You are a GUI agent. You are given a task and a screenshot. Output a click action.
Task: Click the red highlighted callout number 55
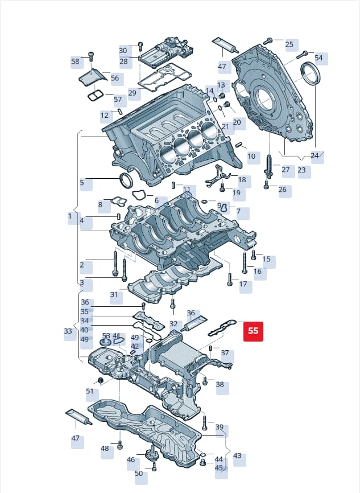253,331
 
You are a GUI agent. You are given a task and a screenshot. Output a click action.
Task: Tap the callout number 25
289,44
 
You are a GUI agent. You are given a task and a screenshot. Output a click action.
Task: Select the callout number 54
318,58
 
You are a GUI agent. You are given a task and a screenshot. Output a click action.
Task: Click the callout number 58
76,61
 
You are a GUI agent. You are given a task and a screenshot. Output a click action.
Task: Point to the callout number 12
105,116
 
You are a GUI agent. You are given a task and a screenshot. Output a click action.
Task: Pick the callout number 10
251,156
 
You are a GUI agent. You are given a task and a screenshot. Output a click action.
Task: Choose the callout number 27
285,170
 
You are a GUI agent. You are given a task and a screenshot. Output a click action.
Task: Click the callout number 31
114,295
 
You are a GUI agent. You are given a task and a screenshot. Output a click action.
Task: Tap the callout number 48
105,449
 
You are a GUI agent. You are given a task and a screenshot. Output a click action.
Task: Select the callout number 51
90,391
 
